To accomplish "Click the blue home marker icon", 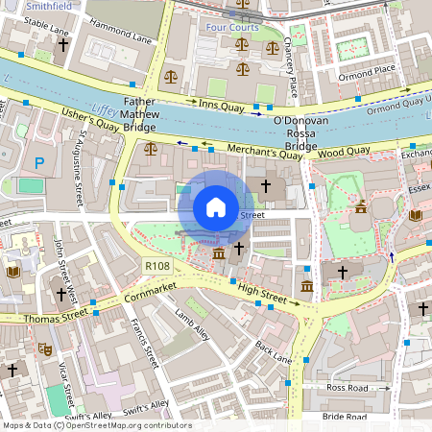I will click(x=216, y=206).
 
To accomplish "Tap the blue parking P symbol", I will click(x=39, y=164).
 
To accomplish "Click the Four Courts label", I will click(x=233, y=27).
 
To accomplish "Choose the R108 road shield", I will click(x=156, y=265).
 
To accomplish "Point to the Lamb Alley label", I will click(x=191, y=321).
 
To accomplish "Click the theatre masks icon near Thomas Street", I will click(x=44, y=352).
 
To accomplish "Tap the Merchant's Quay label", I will click(x=265, y=152).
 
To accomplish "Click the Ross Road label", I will click(x=347, y=387).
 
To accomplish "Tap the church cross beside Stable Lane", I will click(x=63, y=45).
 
